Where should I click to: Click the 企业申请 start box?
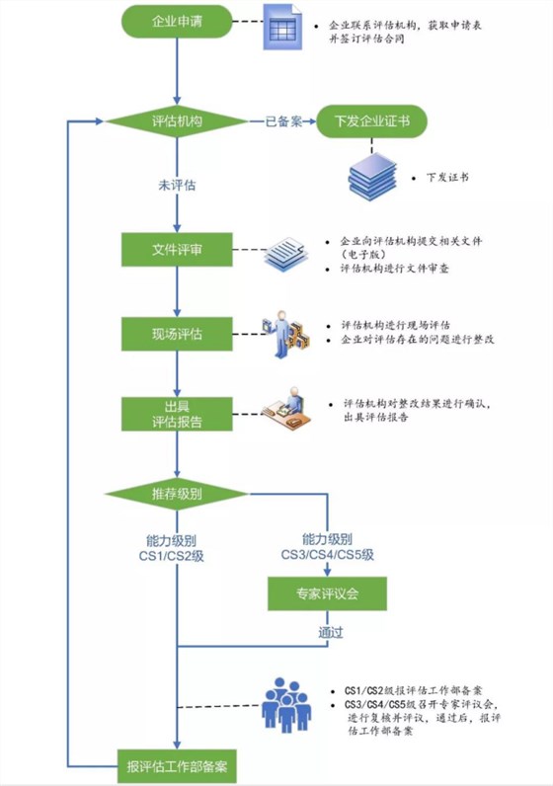pos(176,22)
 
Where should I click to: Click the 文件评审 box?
pos(176,249)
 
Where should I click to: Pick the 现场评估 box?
pos(176,333)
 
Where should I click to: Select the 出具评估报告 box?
pos(176,414)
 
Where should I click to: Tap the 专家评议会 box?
pos(327,594)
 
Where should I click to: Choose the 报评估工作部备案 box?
pos(176,765)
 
